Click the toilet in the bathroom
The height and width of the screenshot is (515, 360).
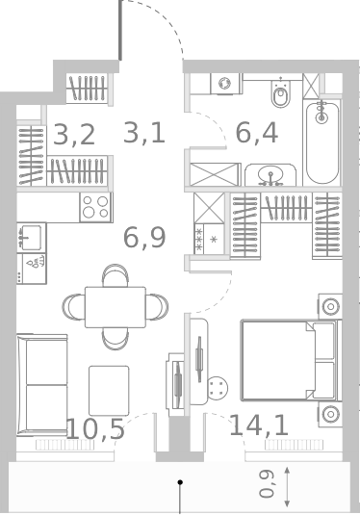[281, 94]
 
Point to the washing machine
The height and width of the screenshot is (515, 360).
[225, 84]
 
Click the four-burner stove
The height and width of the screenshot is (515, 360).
[95, 207]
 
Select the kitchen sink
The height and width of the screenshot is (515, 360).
[30, 237]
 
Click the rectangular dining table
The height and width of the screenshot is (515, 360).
[115, 306]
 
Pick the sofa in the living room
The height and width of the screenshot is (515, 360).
[41, 373]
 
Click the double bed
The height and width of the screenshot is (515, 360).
[289, 361]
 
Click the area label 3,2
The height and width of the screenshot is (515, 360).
[74, 134]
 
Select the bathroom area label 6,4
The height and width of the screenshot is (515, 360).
[257, 132]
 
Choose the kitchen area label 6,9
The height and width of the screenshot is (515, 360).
[144, 237]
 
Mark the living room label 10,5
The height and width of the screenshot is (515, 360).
[95, 428]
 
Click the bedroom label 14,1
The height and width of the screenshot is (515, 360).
[259, 425]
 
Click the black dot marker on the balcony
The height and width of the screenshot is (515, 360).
[179, 480]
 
